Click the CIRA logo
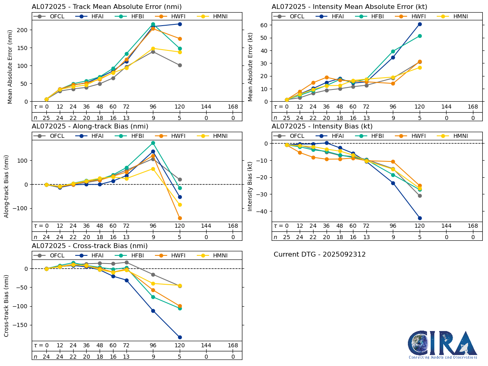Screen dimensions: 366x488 pyautogui.click(x=442, y=344)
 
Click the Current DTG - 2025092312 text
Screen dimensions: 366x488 pyautogui.click(x=320, y=255)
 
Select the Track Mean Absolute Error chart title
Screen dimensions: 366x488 pyautogui.click(x=107, y=7)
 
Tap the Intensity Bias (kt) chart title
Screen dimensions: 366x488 pyautogui.click(x=322, y=126)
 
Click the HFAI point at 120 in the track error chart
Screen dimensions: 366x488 pyautogui.click(x=180, y=24)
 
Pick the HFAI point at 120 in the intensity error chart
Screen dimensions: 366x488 pyautogui.click(x=420, y=24)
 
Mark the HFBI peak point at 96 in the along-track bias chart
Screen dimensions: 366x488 pyautogui.click(x=153, y=143)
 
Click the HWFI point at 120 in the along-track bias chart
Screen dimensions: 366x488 pyautogui.click(x=180, y=218)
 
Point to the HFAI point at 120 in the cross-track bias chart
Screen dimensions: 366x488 pyautogui.click(x=180, y=337)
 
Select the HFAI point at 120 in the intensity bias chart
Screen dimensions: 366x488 pyautogui.click(x=420, y=218)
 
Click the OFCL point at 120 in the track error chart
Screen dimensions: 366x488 pyautogui.click(x=180, y=65)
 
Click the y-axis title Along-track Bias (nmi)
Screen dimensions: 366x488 pyautogui.click(x=7, y=186)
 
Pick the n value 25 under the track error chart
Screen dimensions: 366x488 pyautogui.click(x=46, y=118)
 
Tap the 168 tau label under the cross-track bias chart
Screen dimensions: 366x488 pyautogui.click(x=233, y=345)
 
